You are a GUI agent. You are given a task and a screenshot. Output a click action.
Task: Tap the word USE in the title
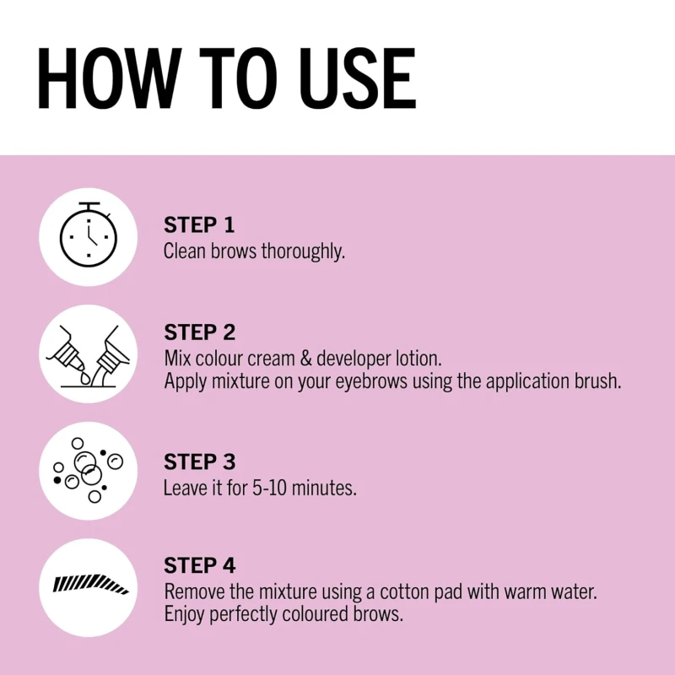click(357, 78)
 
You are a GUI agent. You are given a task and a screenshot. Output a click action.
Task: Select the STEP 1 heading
click(199, 224)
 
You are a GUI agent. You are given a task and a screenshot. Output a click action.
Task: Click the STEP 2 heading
click(199, 332)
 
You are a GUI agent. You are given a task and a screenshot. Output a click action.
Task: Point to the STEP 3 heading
click(199, 462)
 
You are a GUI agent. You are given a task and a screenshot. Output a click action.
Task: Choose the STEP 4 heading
click(199, 565)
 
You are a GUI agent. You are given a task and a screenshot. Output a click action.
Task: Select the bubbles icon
click(89, 470)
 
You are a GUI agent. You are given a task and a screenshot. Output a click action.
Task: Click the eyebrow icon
click(90, 584)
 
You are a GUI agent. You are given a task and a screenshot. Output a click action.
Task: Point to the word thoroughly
click(303, 251)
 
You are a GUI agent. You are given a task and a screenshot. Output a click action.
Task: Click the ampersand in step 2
click(305, 359)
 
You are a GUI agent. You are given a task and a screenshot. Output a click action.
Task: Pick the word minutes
click(324, 489)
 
